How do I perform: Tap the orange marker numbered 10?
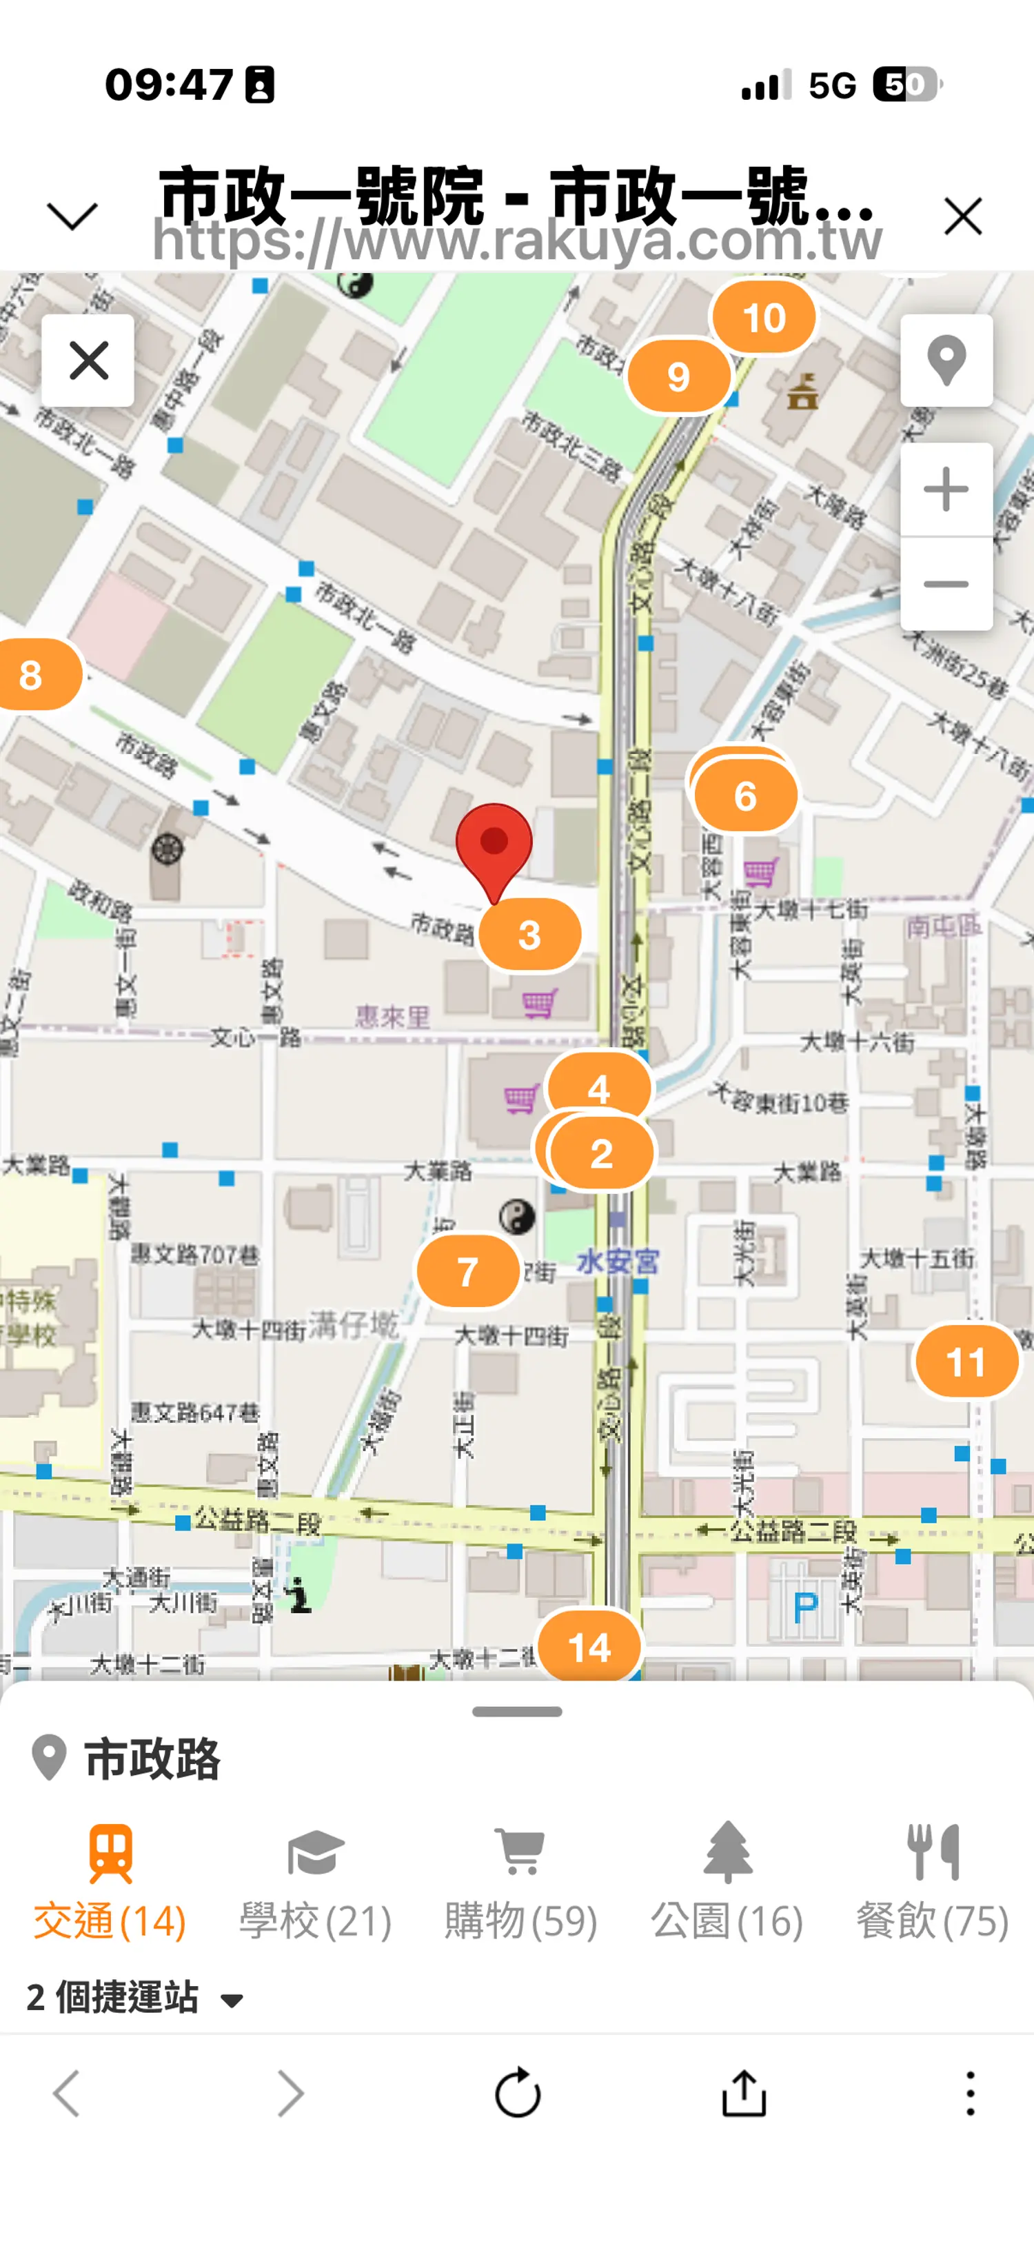[764, 318]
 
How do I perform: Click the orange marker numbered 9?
[678, 376]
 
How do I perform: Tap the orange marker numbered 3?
[529, 935]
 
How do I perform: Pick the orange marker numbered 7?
[467, 1271]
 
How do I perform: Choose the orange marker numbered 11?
[966, 1361]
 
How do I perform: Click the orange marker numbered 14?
[589, 1647]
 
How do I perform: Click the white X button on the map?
[88, 361]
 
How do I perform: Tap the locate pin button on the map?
[946, 361]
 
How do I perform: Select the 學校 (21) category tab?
[315, 1881]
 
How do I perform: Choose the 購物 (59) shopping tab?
[521, 1881]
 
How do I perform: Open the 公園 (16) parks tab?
[727, 1881]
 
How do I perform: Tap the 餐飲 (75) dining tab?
[932, 1881]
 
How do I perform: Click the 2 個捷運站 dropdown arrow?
[232, 2000]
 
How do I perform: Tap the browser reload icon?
[518, 2093]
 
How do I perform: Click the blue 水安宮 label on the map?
[618, 1261]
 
